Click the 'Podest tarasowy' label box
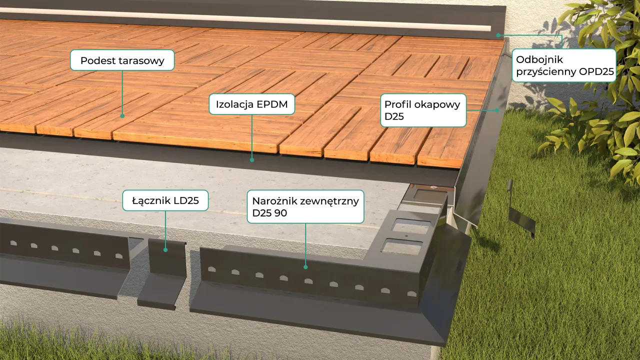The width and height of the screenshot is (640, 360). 122,60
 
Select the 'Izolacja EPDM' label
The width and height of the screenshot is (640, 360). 252,104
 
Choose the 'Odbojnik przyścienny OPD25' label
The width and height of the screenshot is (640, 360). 564,65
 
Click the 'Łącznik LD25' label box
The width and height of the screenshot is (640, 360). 165,201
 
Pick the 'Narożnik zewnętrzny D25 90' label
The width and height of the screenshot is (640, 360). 305,206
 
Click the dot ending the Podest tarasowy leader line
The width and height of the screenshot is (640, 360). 122,116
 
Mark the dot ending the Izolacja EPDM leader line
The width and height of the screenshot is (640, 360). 252,160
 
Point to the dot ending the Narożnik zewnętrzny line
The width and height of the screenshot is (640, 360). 305,267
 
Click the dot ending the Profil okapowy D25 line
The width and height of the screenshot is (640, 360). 497,110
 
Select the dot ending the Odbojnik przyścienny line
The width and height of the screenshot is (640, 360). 498,35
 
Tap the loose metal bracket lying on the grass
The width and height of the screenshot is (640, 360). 520,210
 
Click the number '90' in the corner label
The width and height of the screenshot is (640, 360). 281,213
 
